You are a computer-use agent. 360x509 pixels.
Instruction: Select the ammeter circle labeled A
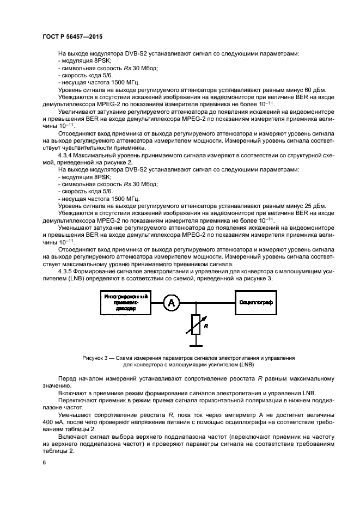(x=171, y=303)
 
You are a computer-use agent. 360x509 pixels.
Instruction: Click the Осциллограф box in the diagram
(x=259, y=303)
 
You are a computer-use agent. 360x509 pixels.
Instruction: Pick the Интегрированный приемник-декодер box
(x=127, y=303)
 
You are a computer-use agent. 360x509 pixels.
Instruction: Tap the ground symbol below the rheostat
(x=197, y=344)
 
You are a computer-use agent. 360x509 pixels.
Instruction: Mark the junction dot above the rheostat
(x=197, y=303)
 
